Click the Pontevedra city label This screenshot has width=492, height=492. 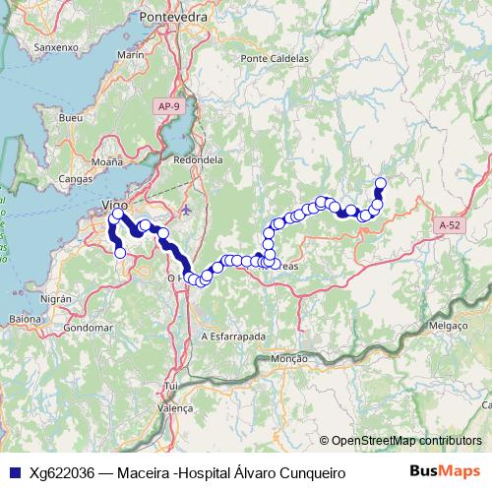coord(171,17)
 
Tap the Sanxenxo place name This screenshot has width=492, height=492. coord(56,46)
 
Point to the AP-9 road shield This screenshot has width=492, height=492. coord(169,105)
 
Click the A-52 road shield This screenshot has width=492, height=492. coord(449,225)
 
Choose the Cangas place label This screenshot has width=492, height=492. coord(76,179)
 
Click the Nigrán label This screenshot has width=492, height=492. coord(57,297)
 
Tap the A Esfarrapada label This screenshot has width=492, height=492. coord(233,336)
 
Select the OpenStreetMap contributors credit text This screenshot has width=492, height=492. coord(406,441)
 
